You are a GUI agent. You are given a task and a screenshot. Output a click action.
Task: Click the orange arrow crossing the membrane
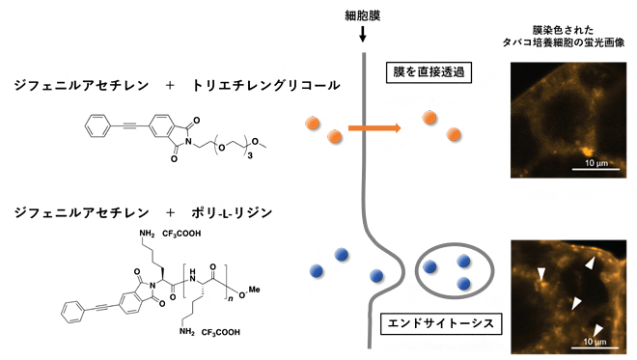click(x=374, y=128)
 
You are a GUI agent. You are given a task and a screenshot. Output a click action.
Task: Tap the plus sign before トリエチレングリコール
click(x=170, y=86)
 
